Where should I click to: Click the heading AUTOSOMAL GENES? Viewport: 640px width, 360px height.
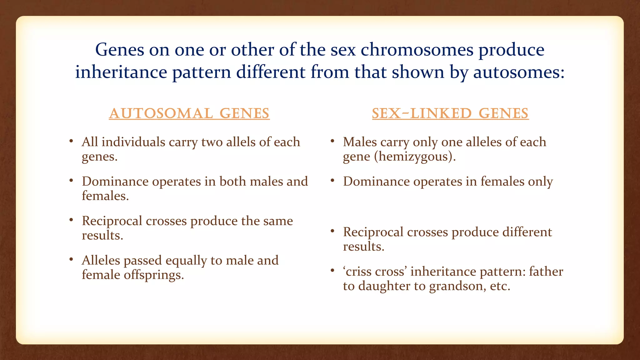[189, 113]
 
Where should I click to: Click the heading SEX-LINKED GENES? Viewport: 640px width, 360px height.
[450, 113]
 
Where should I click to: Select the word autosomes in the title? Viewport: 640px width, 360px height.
[519, 72]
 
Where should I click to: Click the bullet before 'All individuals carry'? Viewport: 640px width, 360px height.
[71, 141]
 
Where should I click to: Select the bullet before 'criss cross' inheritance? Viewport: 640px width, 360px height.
[332, 271]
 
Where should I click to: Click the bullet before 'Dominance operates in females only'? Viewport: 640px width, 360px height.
[332, 181]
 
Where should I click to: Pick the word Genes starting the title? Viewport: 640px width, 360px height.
[119, 50]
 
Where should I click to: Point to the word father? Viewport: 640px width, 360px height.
[546, 272]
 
